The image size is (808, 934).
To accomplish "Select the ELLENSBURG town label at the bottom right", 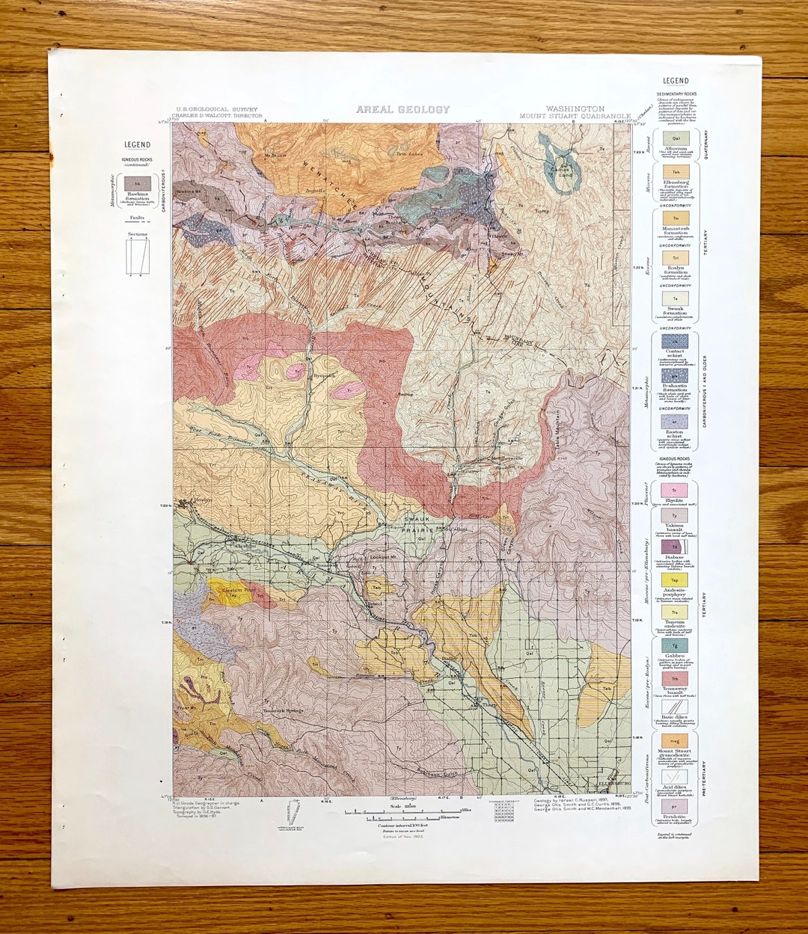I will pyautogui.click(x=606, y=784).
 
